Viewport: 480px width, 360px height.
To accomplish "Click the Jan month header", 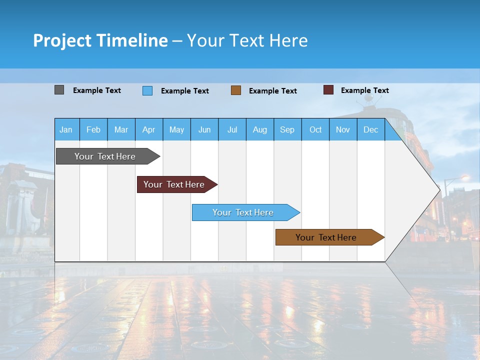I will point(66,129).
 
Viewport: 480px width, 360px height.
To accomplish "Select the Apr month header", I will point(148,129).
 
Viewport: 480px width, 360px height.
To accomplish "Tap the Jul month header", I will point(232,129).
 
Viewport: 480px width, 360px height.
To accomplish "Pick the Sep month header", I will point(287,129).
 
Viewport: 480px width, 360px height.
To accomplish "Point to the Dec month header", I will point(370,129).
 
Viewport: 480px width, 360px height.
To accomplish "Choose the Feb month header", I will point(93,129).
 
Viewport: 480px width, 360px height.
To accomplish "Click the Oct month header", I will point(315,129).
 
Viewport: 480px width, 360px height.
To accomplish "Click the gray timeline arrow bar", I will point(105,156).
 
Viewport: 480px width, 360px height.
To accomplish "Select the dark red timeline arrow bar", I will point(174,184).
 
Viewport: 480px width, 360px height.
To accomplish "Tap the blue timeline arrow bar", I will point(243,212).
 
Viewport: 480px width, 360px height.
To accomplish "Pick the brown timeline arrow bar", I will point(326,237).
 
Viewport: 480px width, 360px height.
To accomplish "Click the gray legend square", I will point(59,90).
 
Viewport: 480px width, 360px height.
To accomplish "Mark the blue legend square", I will point(147,90).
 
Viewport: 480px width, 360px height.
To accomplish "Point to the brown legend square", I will point(236,90).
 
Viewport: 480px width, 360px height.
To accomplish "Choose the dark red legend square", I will point(328,90).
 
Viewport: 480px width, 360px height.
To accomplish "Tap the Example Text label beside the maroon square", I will point(364,90).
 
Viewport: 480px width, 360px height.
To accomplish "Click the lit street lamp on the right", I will point(465,178).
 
